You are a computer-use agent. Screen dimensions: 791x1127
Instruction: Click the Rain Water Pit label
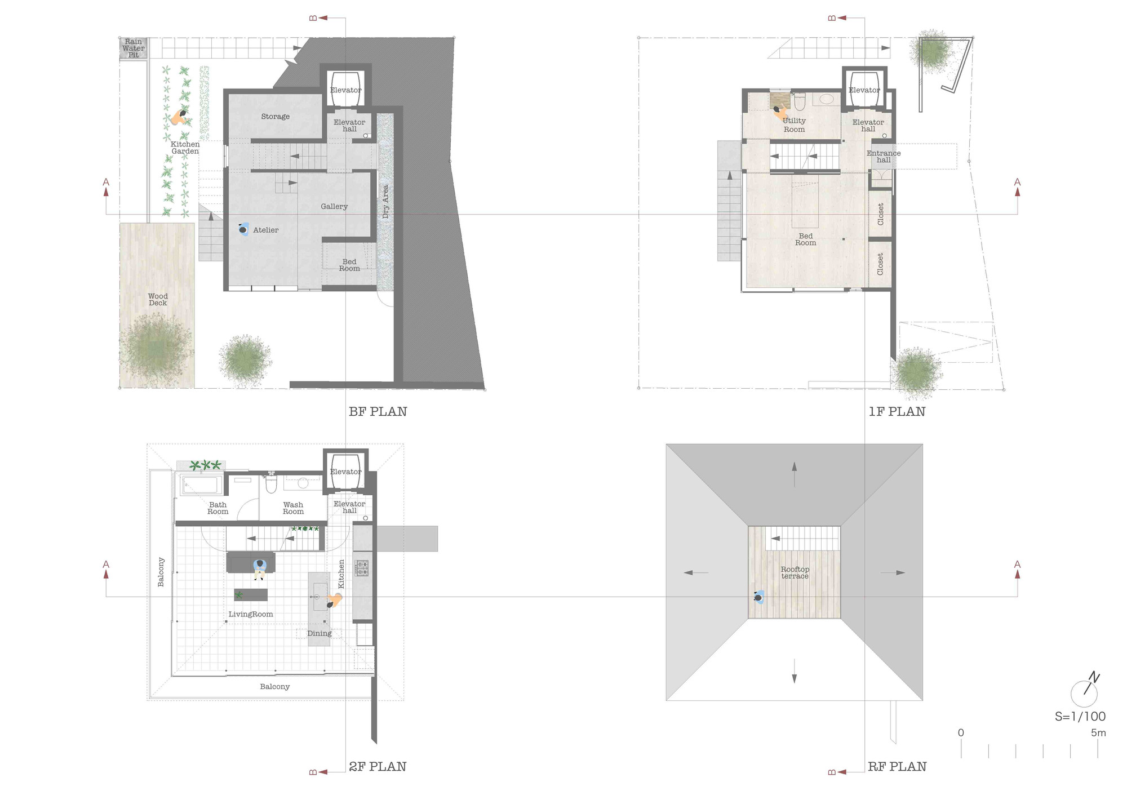pyautogui.click(x=134, y=48)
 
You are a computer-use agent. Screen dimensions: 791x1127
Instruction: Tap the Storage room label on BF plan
pyautogui.click(x=275, y=117)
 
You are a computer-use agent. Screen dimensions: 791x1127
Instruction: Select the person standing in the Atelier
pyautogui.click(x=243, y=229)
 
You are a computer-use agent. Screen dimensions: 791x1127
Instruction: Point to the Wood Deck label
pyautogui.click(x=158, y=299)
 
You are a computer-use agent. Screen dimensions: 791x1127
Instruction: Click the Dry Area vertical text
pyautogui.click(x=386, y=202)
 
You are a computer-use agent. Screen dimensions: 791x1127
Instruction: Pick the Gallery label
pyautogui.click(x=334, y=206)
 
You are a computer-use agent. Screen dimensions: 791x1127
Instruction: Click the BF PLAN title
pyautogui.click(x=378, y=412)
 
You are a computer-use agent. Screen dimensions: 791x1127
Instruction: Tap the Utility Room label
pyautogui.click(x=794, y=125)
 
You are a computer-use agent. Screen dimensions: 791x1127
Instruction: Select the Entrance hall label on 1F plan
pyautogui.click(x=884, y=156)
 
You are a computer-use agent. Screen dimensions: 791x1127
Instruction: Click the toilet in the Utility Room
pyautogui.click(x=800, y=102)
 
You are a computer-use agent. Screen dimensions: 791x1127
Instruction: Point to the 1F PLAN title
pyautogui.click(x=897, y=412)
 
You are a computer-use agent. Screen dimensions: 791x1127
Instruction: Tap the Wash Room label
pyautogui.click(x=293, y=508)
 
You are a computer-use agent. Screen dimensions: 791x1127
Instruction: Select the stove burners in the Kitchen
pyautogui.click(x=362, y=567)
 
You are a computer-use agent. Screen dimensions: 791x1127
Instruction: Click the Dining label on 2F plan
pyautogui.click(x=319, y=633)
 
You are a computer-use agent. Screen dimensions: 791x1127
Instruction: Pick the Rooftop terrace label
pyautogui.click(x=795, y=572)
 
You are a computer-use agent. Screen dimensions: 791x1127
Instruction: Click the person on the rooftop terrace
pyautogui.click(x=759, y=598)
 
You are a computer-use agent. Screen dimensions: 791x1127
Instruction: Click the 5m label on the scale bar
pyautogui.click(x=1098, y=733)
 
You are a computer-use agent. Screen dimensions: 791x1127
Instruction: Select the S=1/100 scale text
pyautogui.click(x=1080, y=717)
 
